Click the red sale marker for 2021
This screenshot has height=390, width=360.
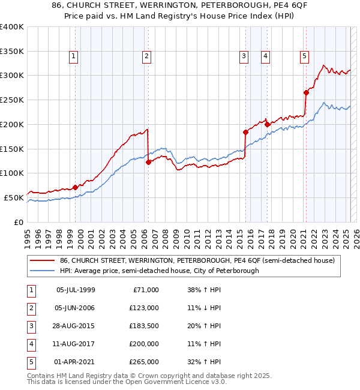point(306,92)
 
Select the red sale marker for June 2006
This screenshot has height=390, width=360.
point(148,162)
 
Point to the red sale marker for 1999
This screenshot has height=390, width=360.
point(75,187)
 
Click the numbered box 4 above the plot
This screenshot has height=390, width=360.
point(265,57)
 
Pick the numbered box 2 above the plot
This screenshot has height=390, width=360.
point(146,57)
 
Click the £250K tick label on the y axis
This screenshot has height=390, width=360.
point(12,100)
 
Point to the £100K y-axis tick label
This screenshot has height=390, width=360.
point(12,173)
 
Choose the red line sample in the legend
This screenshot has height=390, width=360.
point(43,260)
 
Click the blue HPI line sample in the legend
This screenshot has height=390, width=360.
point(43,271)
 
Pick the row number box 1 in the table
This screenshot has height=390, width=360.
point(31,290)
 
